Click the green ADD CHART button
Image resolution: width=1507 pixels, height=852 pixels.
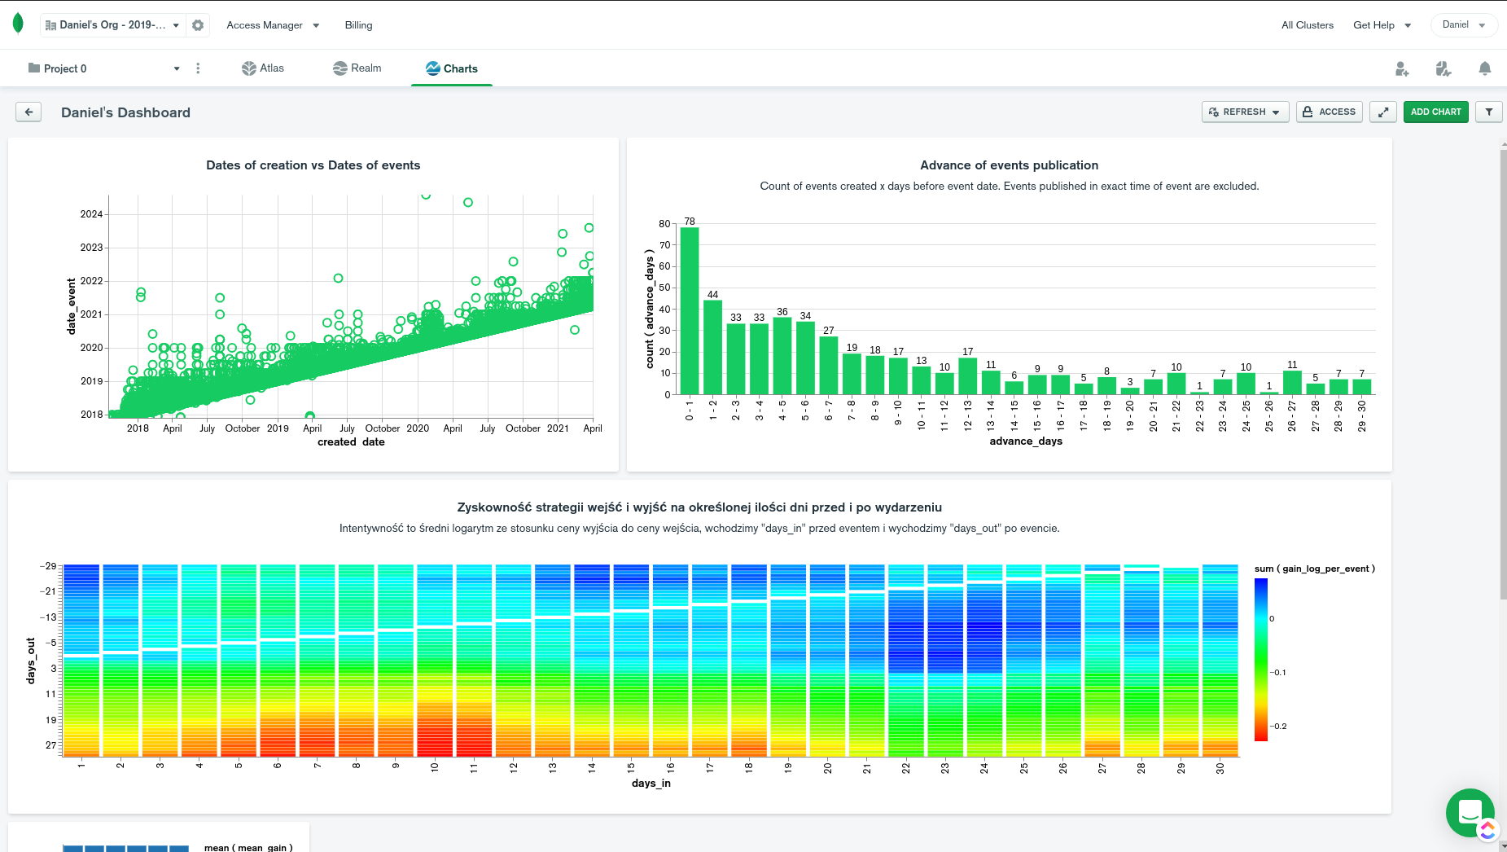1435,112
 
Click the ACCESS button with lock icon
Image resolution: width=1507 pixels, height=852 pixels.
1329,112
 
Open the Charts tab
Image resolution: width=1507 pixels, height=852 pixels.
451,68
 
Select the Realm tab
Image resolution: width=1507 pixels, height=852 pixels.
357,68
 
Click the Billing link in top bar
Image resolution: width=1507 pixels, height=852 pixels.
358,25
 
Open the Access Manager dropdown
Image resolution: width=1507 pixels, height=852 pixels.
273,25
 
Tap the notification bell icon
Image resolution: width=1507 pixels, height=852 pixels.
1484,68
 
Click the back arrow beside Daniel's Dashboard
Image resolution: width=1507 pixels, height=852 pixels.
28,112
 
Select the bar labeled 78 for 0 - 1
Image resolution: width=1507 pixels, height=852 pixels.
690,310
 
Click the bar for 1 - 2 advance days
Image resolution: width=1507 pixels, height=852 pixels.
712,348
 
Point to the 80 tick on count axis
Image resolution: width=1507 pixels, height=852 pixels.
664,224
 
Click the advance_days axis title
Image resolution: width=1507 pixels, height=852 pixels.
1026,441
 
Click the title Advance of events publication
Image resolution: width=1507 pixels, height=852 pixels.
1009,165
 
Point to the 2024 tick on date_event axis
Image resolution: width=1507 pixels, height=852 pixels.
91,214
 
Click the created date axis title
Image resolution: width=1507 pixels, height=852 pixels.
351,442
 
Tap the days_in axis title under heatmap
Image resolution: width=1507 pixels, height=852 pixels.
651,784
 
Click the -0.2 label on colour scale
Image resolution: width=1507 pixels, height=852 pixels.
1278,727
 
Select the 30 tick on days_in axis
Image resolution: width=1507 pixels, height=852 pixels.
1220,768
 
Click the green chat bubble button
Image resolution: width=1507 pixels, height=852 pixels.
1470,812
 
